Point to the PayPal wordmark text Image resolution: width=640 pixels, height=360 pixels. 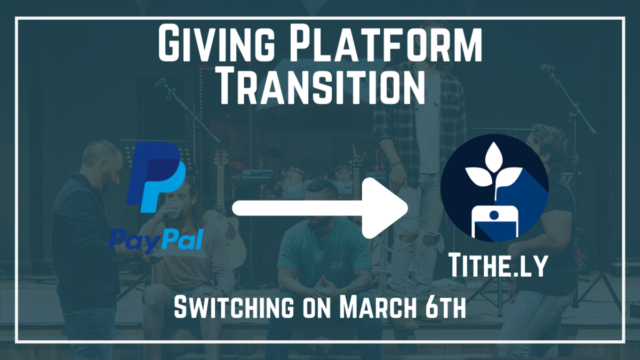pos(156,241)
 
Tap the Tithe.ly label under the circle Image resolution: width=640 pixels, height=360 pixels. pos(497,265)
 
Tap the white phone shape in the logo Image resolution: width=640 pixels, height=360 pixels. pos(494,220)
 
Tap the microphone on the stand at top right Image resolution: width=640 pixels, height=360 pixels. pos(547,68)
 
